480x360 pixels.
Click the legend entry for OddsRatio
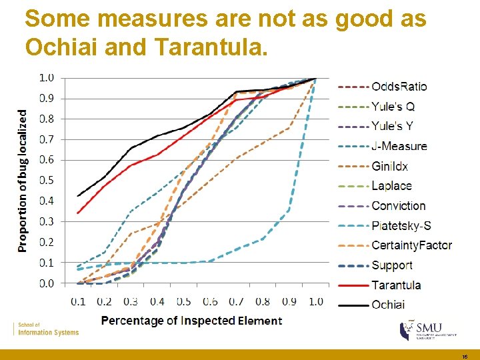(x=399, y=86)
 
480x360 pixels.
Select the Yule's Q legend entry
(x=393, y=106)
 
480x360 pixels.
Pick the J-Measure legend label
(x=399, y=146)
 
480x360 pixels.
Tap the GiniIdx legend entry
(x=389, y=166)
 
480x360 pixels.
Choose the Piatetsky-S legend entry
(x=401, y=225)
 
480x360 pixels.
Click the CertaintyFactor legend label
(x=411, y=245)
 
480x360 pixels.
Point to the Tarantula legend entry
(x=396, y=285)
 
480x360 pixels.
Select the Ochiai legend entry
(x=388, y=305)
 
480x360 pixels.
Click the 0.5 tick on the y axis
(x=46, y=180)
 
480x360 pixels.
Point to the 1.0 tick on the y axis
(x=46, y=77)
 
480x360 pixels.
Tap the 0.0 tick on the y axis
(x=46, y=283)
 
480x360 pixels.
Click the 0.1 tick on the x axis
(x=79, y=301)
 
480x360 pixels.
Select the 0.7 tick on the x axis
(x=236, y=301)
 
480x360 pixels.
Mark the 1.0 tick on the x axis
(x=315, y=301)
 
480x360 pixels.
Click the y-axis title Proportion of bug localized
(x=23, y=181)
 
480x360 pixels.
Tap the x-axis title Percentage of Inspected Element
(x=191, y=321)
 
